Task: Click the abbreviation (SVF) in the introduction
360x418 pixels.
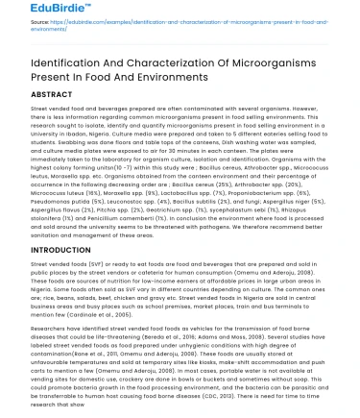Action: pyautogui.click(x=96, y=263)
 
